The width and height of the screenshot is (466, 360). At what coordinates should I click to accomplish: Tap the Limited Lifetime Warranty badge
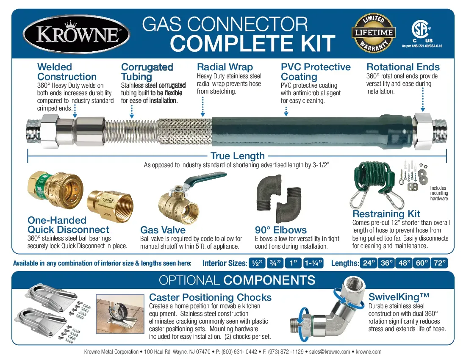[374, 33]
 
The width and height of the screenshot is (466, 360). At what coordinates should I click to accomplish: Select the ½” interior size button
[256, 263]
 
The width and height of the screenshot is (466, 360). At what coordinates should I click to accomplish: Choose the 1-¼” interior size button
[313, 263]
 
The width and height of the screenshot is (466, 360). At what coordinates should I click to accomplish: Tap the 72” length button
[440, 263]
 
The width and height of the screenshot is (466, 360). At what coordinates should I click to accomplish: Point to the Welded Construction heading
[67, 72]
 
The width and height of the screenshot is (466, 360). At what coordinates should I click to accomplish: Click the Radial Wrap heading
[225, 67]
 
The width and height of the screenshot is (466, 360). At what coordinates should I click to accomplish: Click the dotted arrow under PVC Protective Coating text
[286, 111]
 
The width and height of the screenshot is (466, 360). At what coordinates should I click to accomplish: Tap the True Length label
[237, 156]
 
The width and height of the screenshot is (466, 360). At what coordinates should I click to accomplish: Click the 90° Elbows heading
[280, 230]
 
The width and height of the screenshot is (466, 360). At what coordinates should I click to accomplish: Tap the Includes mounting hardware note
[439, 193]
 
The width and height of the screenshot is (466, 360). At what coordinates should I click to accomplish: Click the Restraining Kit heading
[386, 214]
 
